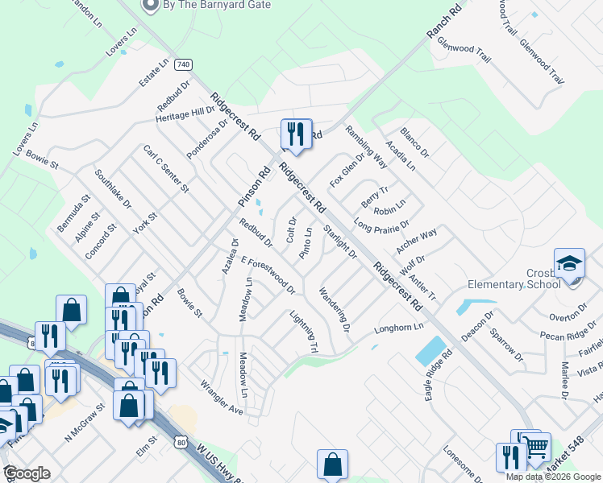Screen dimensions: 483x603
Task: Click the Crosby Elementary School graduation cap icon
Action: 569,264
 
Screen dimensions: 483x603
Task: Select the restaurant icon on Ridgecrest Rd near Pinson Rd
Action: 295,134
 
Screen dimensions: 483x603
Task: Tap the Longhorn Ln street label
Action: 398,329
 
